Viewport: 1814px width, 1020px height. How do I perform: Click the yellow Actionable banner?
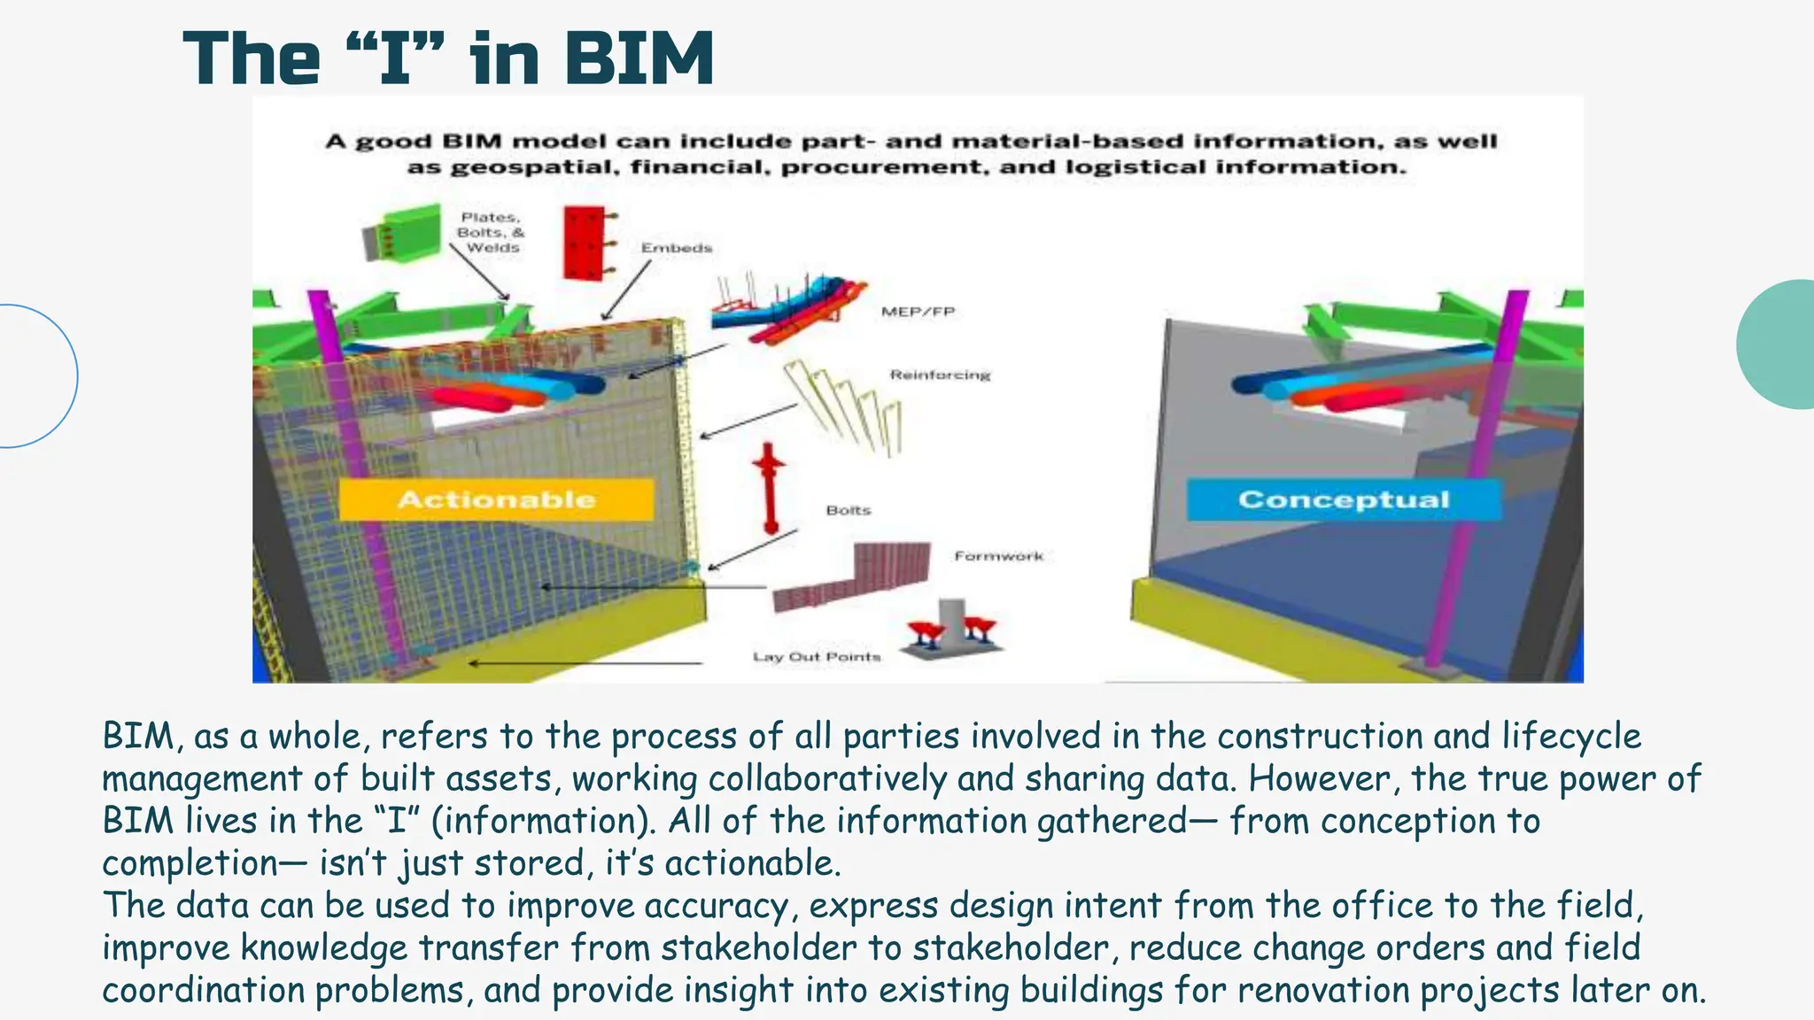coord(496,499)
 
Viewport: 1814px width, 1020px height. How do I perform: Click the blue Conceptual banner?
coord(1343,499)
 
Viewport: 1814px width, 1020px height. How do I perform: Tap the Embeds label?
coord(677,248)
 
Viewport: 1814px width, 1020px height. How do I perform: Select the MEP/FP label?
coord(918,312)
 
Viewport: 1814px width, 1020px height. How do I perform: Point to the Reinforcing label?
coord(940,375)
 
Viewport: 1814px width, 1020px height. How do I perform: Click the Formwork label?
coord(998,556)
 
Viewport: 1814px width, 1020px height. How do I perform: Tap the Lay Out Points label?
coord(816,657)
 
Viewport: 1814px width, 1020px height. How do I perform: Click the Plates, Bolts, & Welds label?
coord(491,232)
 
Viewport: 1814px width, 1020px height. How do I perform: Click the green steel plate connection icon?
coord(403,233)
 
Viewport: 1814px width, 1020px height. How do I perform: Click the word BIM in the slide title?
coord(638,59)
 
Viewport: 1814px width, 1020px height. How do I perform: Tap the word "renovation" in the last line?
coord(1323,990)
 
